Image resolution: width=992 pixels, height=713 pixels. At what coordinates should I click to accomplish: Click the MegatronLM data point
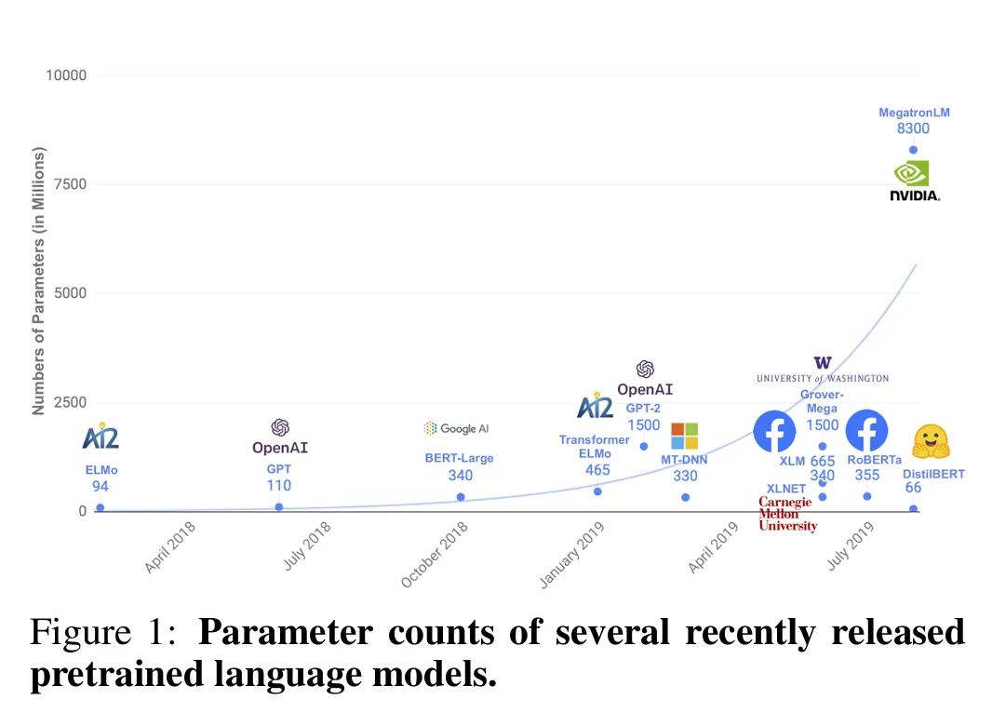[913, 150]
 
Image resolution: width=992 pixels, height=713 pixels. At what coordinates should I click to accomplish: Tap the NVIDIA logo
[914, 181]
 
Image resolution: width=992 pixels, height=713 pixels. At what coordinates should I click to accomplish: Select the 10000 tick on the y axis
[66, 75]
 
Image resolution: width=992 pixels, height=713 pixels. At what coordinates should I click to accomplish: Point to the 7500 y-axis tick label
[69, 184]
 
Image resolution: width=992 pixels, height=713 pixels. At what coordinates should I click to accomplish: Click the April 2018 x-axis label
[169, 547]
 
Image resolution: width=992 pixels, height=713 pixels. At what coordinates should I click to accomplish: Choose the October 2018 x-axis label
[434, 555]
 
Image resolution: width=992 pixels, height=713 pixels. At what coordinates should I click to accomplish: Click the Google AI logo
[456, 428]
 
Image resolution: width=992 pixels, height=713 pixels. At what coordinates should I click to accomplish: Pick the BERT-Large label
[459, 458]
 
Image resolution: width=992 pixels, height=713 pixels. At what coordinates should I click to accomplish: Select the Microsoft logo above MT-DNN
[684, 436]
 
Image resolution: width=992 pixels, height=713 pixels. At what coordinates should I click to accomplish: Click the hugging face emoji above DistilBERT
[931, 442]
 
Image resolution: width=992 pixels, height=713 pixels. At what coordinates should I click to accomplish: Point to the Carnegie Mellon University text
[786, 514]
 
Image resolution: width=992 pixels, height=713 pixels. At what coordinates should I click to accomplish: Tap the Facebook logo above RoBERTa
[866, 432]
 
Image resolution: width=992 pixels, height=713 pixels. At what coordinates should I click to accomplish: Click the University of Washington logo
[822, 370]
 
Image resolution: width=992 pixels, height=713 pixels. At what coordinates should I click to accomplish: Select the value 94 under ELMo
[101, 486]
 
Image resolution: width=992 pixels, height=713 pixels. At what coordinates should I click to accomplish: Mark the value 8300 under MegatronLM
[913, 129]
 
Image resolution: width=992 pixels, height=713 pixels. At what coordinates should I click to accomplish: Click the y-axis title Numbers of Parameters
[38, 280]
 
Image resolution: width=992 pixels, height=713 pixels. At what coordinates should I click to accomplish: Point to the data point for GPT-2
[644, 447]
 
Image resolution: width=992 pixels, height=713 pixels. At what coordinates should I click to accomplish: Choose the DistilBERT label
[933, 474]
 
